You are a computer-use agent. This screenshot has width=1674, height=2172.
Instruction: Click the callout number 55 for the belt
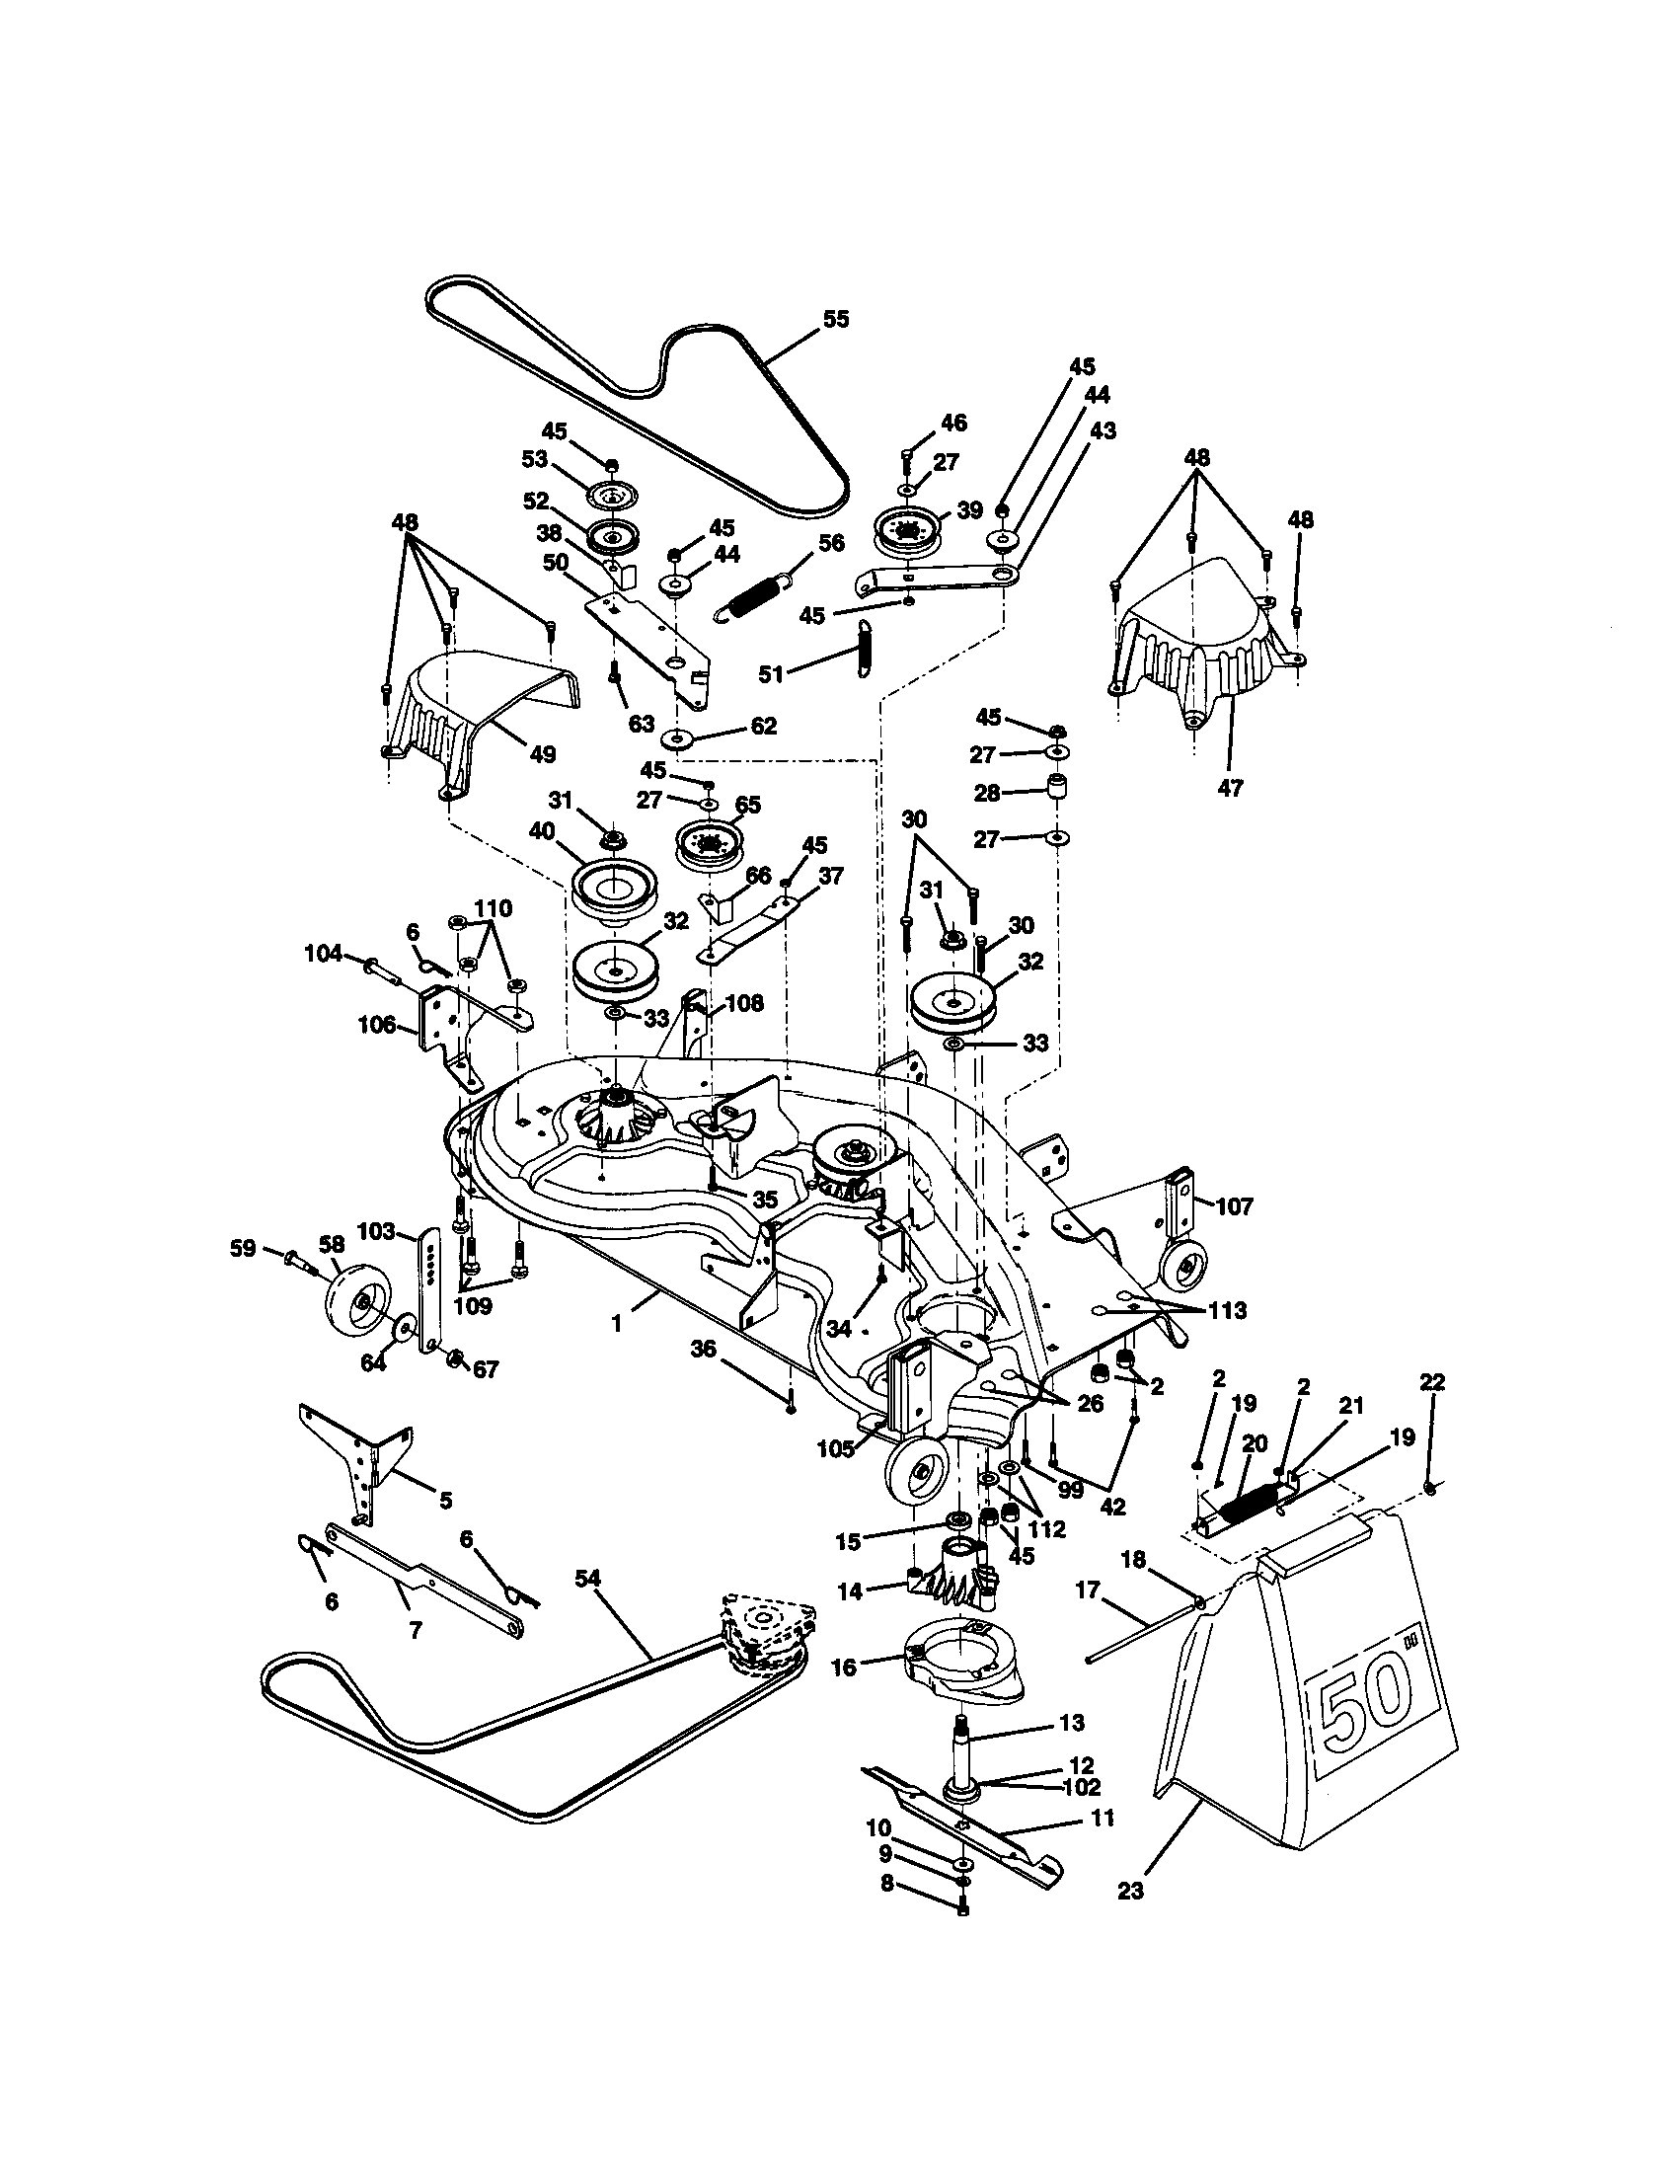[836, 319]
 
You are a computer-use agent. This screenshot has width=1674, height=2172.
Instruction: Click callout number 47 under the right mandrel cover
[1230, 789]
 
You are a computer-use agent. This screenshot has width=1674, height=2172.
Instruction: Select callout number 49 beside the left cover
[542, 754]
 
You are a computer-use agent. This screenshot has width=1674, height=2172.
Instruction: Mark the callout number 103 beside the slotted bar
[377, 1232]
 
